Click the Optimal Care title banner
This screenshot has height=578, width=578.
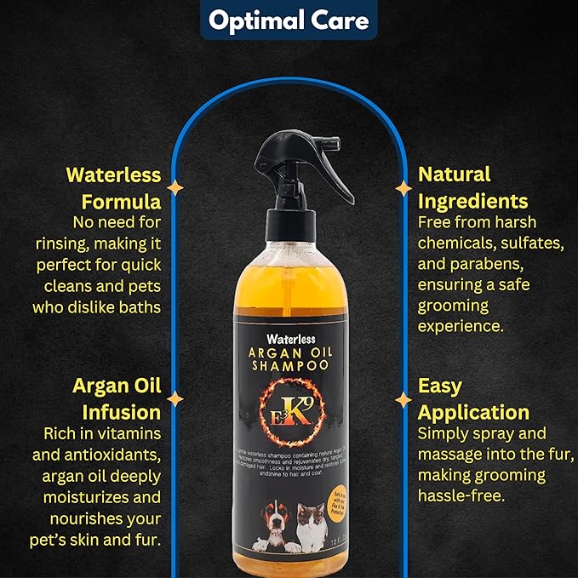pyautogui.click(x=289, y=20)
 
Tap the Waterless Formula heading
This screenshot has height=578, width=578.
pyautogui.click(x=114, y=188)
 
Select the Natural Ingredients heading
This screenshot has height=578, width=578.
pyautogui.click(x=472, y=188)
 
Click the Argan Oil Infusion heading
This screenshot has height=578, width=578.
pyautogui.click(x=116, y=398)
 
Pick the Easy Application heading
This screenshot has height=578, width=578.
pyautogui.click(x=473, y=398)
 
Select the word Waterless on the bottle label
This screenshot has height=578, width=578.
pyautogui.click(x=290, y=338)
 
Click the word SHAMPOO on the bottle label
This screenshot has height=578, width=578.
pyautogui.click(x=290, y=365)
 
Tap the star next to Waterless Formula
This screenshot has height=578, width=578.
pyautogui.click(x=175, y=187)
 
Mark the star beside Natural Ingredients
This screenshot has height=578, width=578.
pyautogui.click(x=403, y=187)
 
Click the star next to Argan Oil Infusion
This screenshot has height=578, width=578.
pyautogui.click(x=175, y=398)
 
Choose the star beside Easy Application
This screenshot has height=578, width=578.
pyautogui.click(x=403, y=398)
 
